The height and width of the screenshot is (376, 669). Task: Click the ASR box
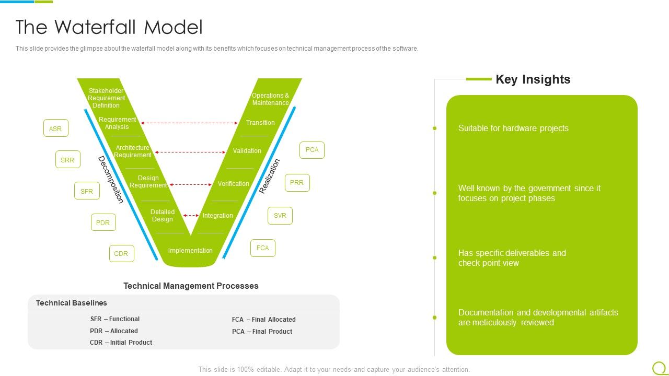[55, 128]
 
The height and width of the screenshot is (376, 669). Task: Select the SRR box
[67, 160]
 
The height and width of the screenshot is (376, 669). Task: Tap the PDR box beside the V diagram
[103, 222]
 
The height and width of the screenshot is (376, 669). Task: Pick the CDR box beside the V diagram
[121, 254]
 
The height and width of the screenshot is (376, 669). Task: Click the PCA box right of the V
[312, 150]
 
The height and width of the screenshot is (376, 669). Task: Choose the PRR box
[297, 183]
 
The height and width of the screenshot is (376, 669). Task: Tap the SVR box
[280, 216]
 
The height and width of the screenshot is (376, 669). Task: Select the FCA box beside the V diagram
[263, 248]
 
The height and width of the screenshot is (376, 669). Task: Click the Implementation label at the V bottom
[190, 251]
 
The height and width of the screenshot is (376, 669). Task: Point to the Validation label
[247, 151]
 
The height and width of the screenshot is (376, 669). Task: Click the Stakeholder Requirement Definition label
[106, 98]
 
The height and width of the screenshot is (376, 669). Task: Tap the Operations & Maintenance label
[270, 99]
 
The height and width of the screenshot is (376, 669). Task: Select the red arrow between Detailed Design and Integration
[191, 215]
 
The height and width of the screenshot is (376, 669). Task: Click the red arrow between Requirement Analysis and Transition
[189, 123]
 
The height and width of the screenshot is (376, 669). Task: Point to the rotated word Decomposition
[111, 179]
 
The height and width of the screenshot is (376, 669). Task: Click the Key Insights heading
[533, 79]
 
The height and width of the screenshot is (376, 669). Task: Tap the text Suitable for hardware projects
[513, 128]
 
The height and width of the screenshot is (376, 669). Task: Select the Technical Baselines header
[72, 303]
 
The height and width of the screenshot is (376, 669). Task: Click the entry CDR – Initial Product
[121, 343]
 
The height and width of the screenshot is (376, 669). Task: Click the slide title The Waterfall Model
[109, 27]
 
